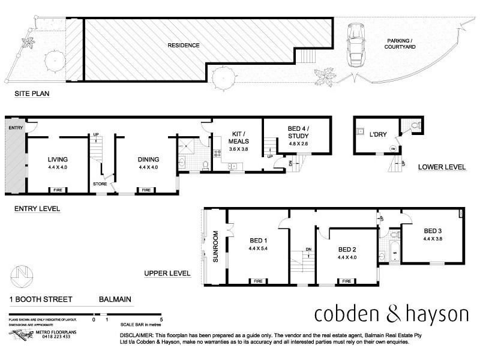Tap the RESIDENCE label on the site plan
tap(183, 45)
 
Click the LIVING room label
tap(59, 159)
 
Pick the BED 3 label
tap(433, 230)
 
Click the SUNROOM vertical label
tap(215, 247)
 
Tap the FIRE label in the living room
tap(58, 190)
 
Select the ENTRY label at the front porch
tap(13, 128)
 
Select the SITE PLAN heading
tap(31, 94)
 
